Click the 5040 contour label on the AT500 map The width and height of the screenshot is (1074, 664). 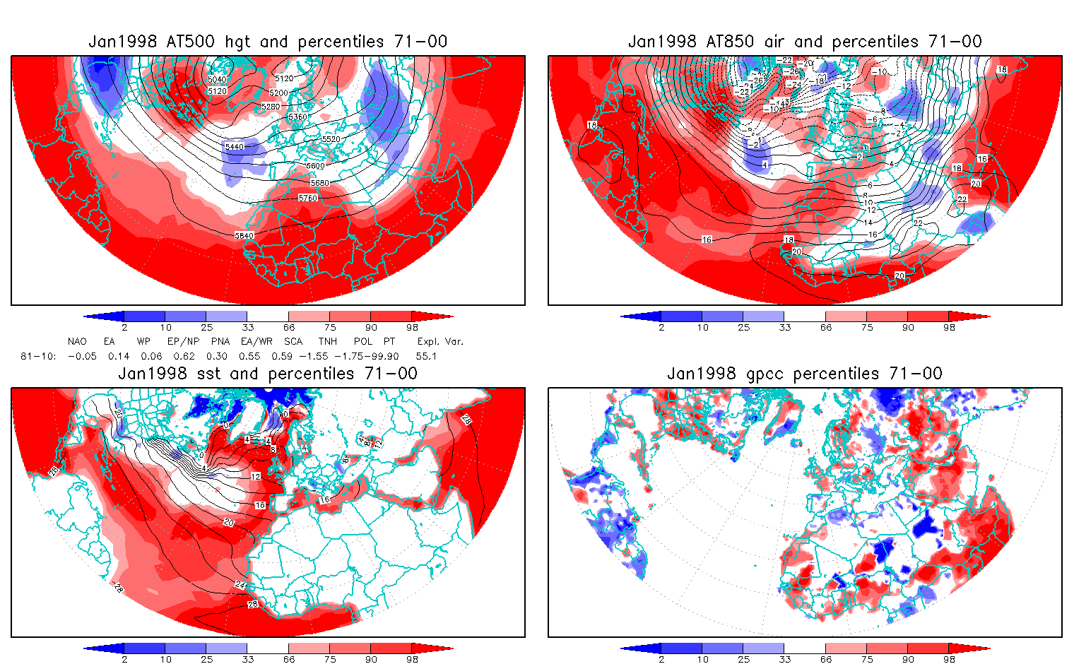click(218, 80)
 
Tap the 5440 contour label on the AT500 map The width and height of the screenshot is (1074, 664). click(235, 147)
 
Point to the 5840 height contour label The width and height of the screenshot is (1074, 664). click(244, 235)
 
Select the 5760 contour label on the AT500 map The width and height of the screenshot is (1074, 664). click(308, 198)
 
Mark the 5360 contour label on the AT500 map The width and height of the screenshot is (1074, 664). click(298, 117)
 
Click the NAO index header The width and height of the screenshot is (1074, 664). click(77, 341)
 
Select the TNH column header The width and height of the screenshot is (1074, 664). click(327, 341)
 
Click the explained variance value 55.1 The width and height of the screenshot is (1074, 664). click(426, 356)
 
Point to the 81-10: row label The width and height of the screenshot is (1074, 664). click(38, 356)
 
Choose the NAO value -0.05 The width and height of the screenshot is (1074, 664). click(82, 356)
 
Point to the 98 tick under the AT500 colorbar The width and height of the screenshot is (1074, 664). click(413, 327)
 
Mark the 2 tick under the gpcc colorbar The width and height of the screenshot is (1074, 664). click(661, 659)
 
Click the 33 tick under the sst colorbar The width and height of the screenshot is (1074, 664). click(247, 659)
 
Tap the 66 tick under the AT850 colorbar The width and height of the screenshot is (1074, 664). click(826, 327)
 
